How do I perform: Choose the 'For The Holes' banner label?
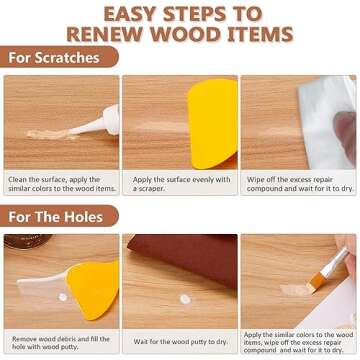(55, 215)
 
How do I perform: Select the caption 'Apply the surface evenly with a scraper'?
(179, 185)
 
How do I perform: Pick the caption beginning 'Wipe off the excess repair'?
(298, 185)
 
